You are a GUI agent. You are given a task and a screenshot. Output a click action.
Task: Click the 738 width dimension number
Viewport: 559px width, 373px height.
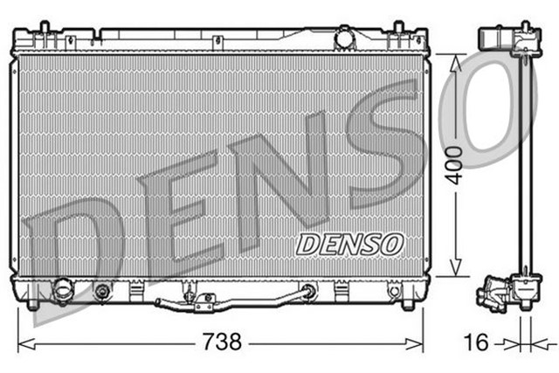tap(221, 342)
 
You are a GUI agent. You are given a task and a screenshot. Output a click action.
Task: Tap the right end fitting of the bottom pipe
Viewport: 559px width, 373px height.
tap(307, 292)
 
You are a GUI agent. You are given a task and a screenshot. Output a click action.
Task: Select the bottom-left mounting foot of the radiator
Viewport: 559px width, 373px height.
tap(31, 303)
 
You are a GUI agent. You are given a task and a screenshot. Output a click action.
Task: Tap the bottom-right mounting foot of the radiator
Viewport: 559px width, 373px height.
tap(407, 303)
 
